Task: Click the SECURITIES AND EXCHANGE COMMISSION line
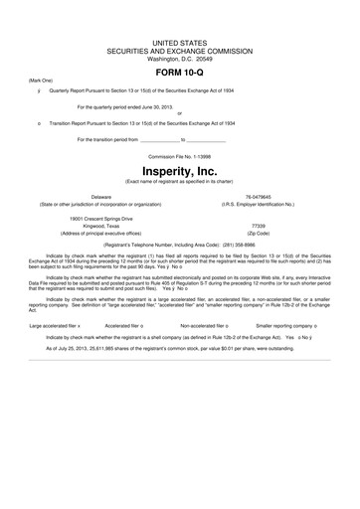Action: coord(180,50)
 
